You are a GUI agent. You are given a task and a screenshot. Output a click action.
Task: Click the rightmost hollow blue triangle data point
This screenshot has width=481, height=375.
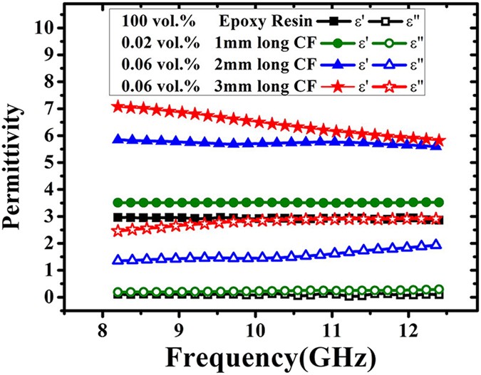click(437, 244)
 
